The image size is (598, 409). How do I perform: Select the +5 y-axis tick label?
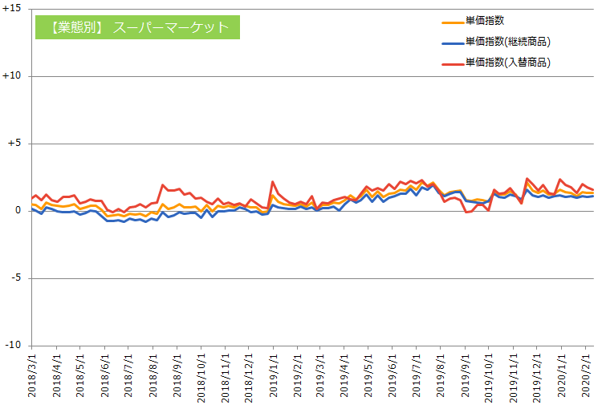(14, 144)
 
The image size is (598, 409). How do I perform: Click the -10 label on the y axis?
(13, 346)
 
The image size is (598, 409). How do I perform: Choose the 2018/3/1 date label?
(33, 377)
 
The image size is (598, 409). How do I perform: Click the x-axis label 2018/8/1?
(153, 377)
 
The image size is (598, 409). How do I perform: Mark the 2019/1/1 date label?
(273, 377)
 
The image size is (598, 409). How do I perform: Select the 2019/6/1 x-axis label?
(393, 377)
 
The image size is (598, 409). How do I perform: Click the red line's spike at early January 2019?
(273, 182)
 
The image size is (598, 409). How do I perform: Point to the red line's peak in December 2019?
(527, 179)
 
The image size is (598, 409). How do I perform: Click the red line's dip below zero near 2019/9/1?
(466, 213)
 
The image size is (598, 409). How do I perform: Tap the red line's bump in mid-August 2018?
(163, 185)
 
